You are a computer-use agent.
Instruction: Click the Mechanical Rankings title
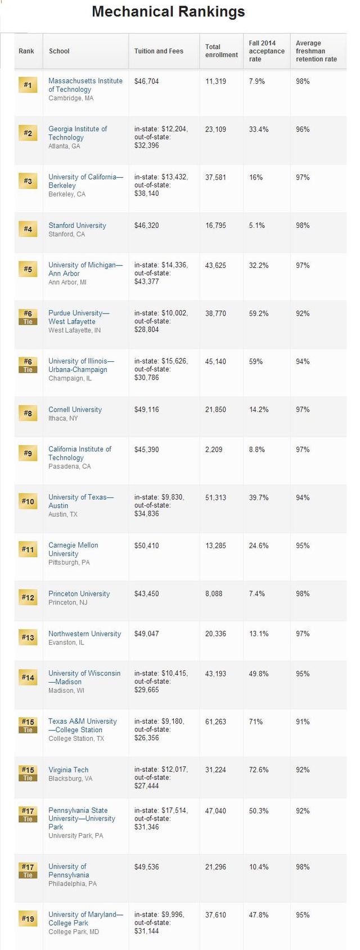coord(168,12)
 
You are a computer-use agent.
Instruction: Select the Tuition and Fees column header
coord(159,51)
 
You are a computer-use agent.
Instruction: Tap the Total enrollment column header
coord(221,51)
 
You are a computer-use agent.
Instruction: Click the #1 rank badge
coord(28,86)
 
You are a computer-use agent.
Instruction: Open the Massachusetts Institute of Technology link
coord(85,85)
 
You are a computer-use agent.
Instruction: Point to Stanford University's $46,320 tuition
coord(146,226)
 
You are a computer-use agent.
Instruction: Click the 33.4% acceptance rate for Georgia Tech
coord(259,129)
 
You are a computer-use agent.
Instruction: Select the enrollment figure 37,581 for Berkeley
coord(215,177)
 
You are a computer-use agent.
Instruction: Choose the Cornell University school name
coord(75,410)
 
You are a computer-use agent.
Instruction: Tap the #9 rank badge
coord(28,453)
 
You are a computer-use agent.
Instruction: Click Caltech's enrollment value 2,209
coord(214,450)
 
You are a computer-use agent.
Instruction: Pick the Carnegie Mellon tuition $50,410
coord(146,545)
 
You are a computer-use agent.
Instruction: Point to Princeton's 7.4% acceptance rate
coord(256,594)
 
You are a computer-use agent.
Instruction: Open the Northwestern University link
coord(84,634)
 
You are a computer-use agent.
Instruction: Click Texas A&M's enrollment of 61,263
coord(215,722)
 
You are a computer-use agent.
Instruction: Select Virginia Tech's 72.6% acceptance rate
coord(259,770)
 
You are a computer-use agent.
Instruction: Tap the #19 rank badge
coord(28,919)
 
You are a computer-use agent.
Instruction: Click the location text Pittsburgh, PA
coord(69,563)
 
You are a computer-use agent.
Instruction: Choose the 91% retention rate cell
coord(303,722)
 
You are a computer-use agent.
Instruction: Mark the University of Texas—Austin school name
coord(80,501)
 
